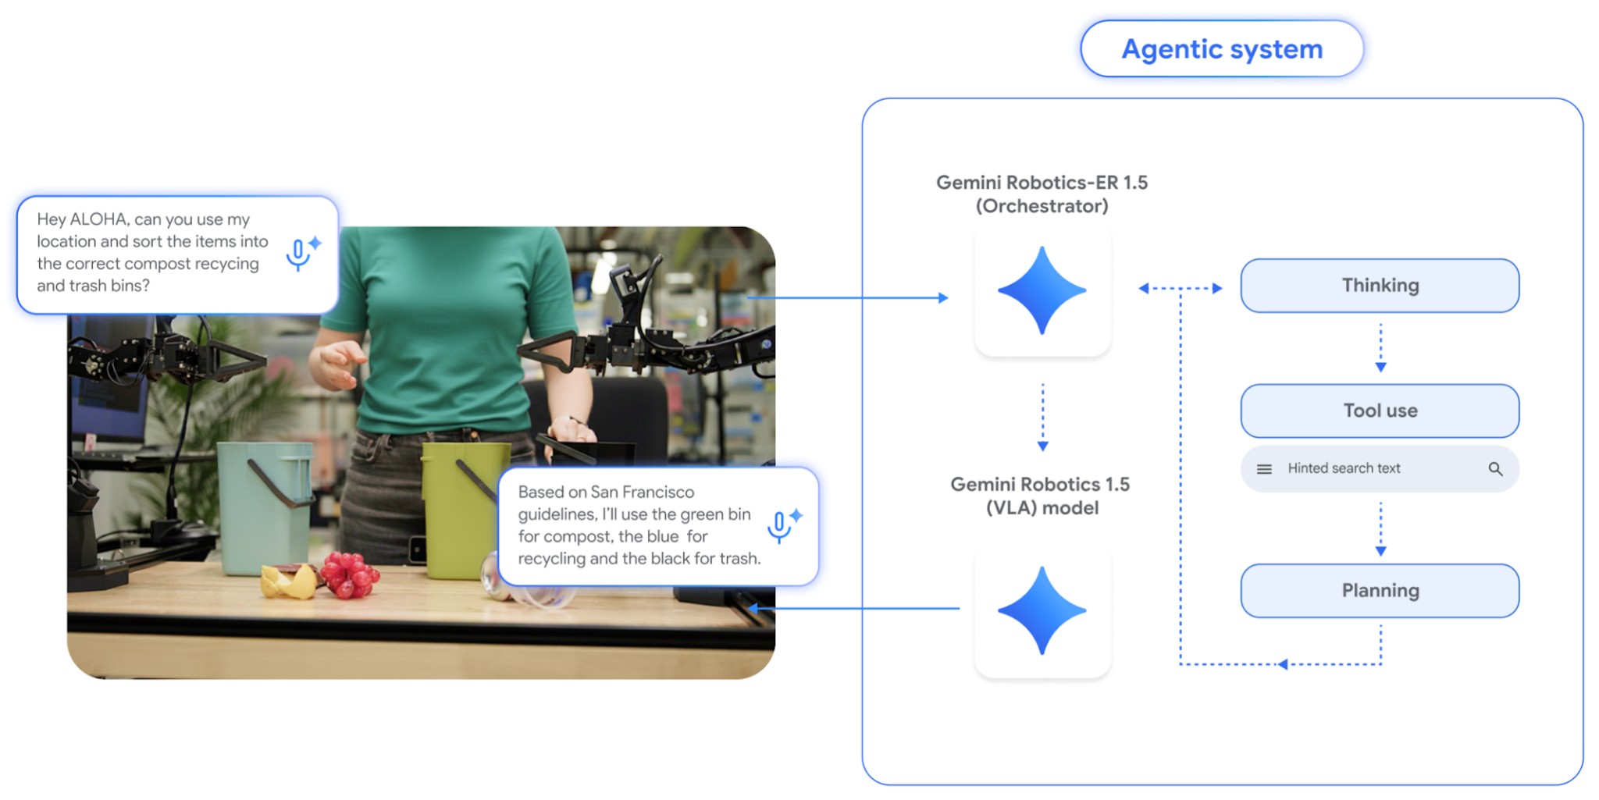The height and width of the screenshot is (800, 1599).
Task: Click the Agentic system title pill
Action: pos(1222,49)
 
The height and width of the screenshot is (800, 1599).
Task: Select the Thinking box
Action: pos(1380,286)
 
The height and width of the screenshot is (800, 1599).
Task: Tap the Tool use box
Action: pos(1380,411)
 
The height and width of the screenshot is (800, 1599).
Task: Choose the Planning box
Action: pos(1380,591)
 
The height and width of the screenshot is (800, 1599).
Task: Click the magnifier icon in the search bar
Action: pos(1495,469)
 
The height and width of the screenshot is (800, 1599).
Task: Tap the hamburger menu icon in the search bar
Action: pos(1264,469)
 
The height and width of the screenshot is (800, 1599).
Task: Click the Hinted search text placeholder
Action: pos(1344,468)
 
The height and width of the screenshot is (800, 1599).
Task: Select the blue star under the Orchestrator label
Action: pos(1042,290)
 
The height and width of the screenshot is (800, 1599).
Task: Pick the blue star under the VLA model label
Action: pos(1042,610)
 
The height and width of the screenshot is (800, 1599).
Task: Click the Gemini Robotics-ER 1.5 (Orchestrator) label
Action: pos(1042,194)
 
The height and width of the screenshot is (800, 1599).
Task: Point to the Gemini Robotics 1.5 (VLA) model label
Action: pos(1041,496)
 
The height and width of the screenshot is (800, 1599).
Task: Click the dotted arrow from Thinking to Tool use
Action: pos(1380,348)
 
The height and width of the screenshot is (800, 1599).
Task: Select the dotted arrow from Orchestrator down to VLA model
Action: pos(1042,417)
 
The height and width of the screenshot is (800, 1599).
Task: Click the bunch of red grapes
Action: pos(349,575)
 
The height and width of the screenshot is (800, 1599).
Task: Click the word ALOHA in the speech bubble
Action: pos(99,219)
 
